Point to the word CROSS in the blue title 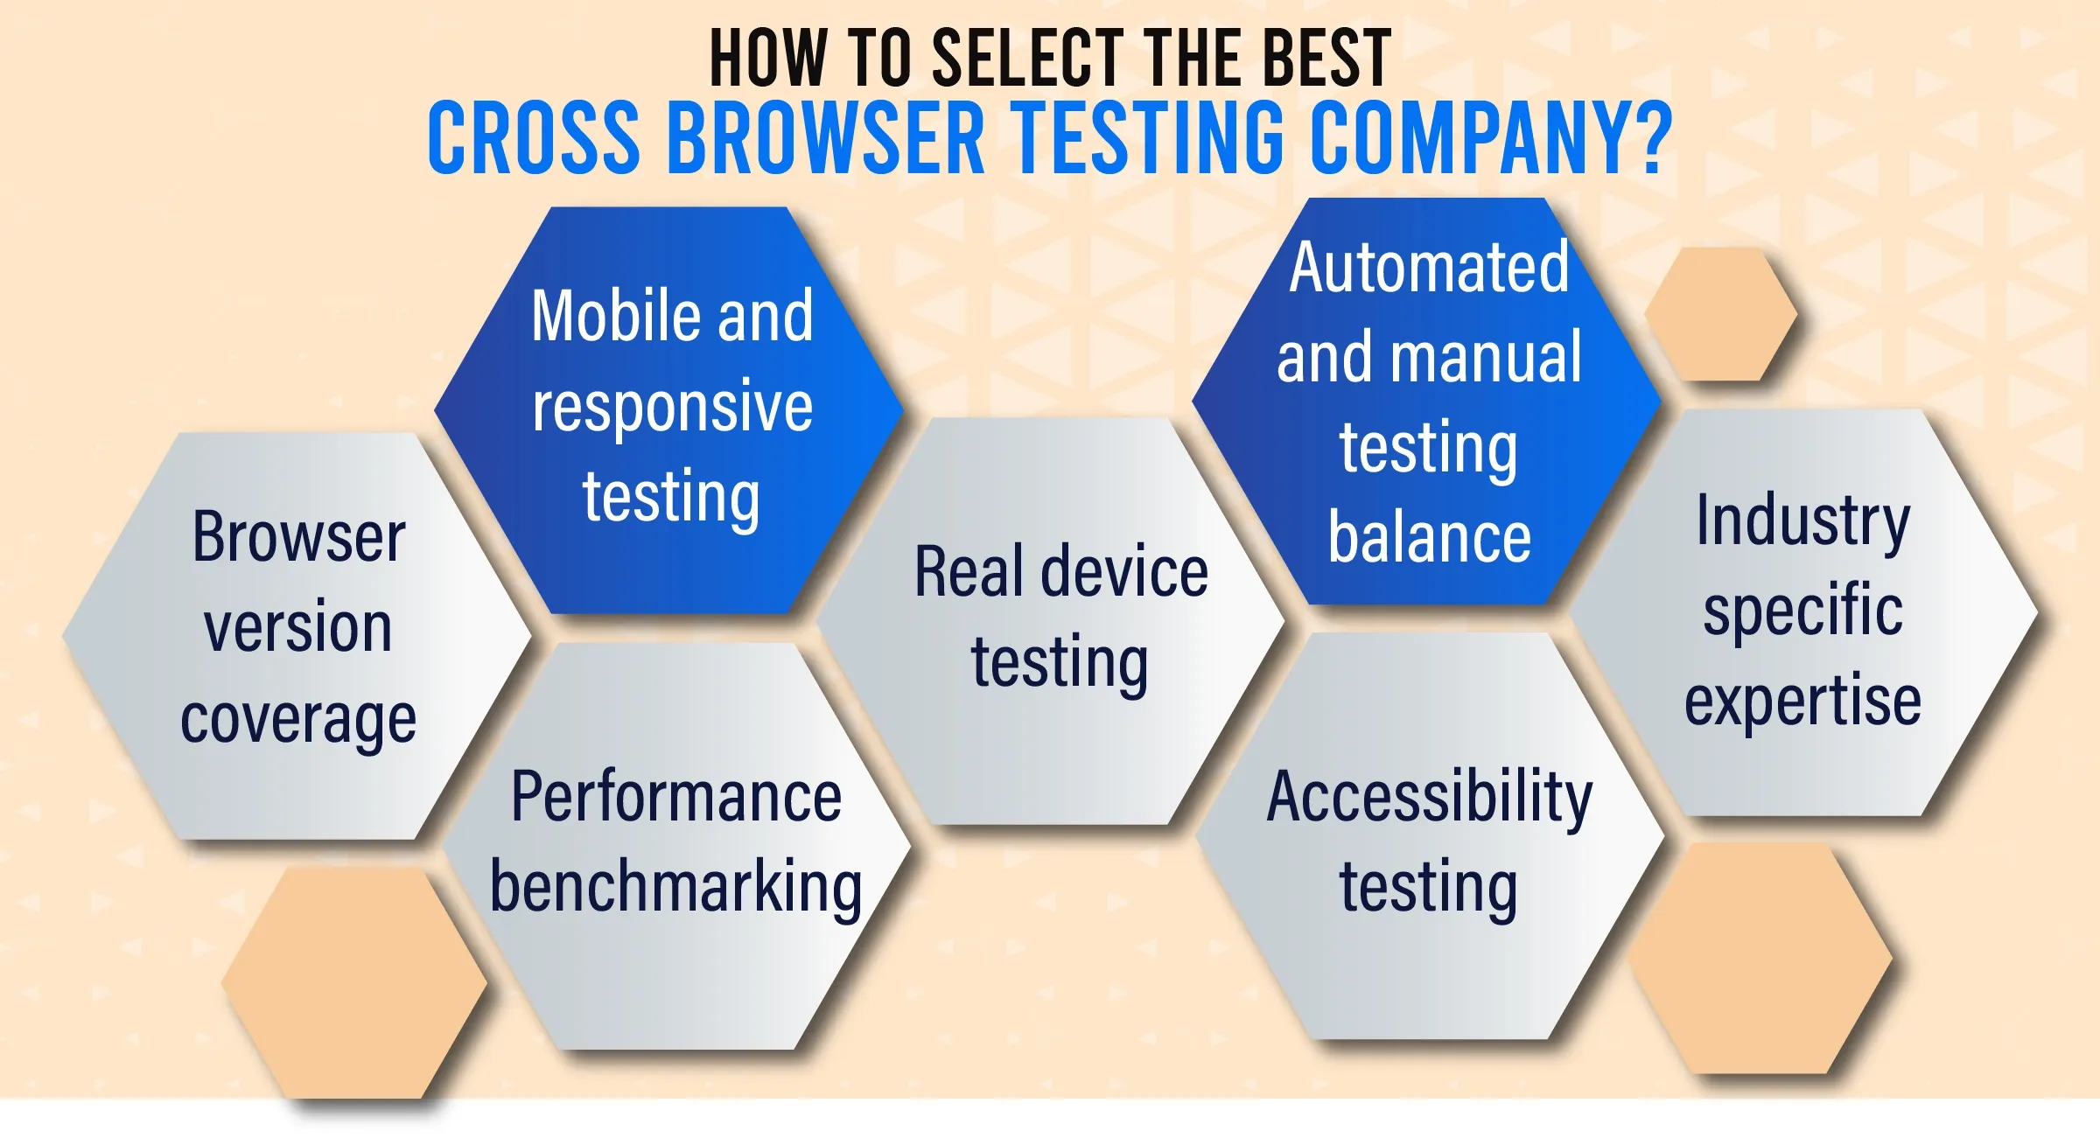(x=534, y=137)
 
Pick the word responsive (x=673, y=407)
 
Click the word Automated (x=1430, y=267)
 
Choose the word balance (x=1430, y=537)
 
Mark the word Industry (x=1803, y=522)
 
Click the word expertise (x=1803, y=702)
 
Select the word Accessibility (x=1430, y=798)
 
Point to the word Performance (x=676, y=797)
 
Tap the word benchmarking (x=676, y=888)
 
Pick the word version (x=298, y=627)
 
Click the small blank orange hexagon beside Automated (x=1721, y=314)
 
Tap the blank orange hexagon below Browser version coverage (x=354, y=983)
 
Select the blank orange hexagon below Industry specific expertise (x=1760, y=959)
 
